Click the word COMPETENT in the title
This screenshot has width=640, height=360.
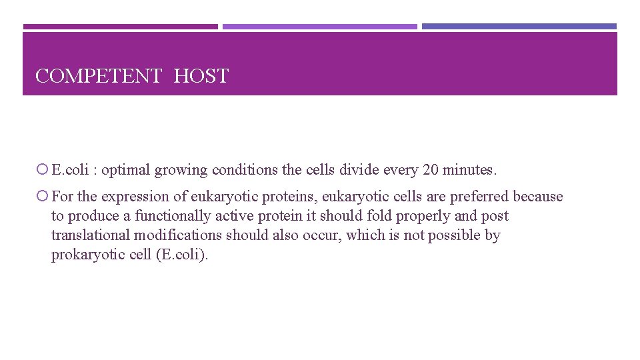click(x=98, y=77)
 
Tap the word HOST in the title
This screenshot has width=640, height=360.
click(x=201, y=77)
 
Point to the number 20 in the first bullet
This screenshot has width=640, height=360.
click(x=431, y=170)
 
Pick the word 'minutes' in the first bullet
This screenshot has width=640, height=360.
click(x=468, y=170)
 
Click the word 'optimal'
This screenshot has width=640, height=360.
click(x=126, y=170)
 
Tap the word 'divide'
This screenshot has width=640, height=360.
click(x=359, y=170)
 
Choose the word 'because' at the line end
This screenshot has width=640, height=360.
click(x=538, y=197)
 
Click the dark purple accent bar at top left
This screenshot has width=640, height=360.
click(x=120, y=27)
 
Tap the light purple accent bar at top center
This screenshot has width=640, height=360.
click(x=319, y=27)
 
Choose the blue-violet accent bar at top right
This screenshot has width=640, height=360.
click(x=519, y=27)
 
